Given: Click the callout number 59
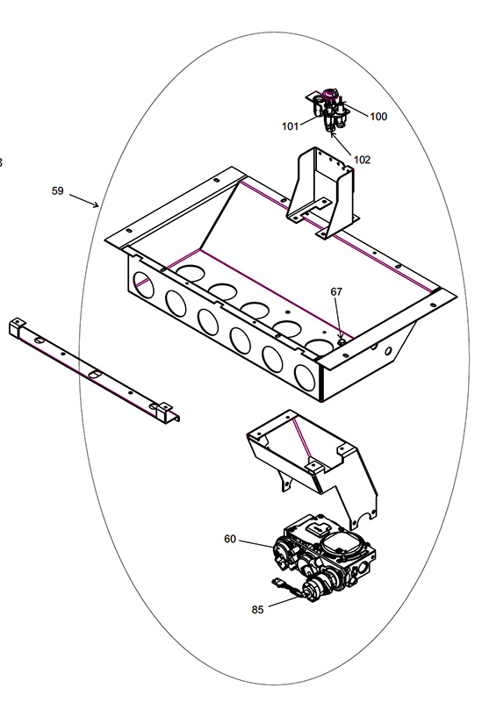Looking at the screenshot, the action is (57, 190).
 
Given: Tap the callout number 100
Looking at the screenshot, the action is (378, 117).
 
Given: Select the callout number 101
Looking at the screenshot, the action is (290, 126).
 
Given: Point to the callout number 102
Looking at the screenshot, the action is (362, 160).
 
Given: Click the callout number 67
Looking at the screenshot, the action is (336, 291).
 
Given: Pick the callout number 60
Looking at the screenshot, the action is (230, 539).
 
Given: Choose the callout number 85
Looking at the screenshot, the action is (257, 610).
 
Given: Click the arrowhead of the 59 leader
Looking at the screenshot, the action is (96, 205).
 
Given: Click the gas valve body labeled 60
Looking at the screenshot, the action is (323, 556).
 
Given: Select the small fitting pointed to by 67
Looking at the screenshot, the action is (342, 341).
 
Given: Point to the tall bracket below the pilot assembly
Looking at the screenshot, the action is (321, 192).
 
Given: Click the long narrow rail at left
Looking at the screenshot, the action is (94, 370).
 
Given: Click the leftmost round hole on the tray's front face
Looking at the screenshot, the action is (143, 285).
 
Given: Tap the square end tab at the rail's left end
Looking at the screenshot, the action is (17, 326).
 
